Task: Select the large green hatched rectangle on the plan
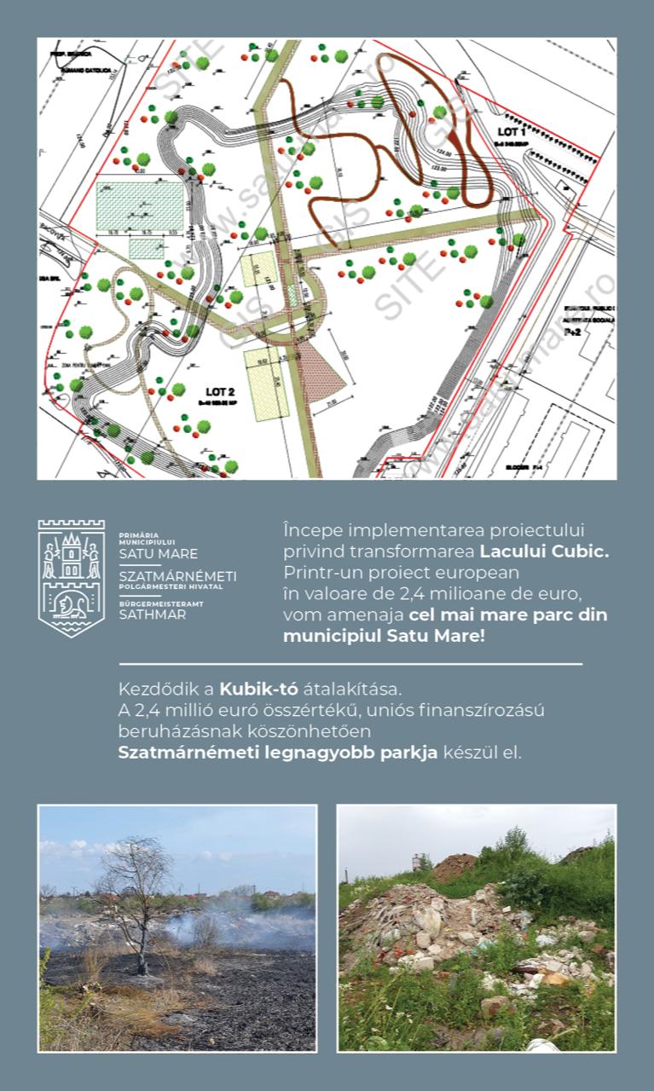tap(140, 205)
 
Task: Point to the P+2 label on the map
tap(576, 333)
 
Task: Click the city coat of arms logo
tap(71, 577)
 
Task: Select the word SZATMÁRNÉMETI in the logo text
tap(177, 576)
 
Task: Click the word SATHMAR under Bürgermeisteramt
tap(153, 614)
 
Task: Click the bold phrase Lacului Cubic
tap(544, 551)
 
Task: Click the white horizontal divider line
tap(350, 663)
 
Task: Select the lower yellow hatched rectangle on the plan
tap(263, 383)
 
